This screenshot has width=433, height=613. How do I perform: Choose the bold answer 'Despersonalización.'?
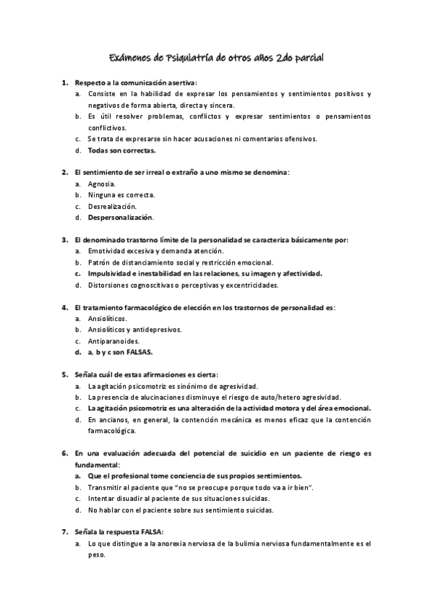pos(120,217)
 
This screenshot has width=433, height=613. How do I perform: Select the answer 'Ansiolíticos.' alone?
pos(107,318)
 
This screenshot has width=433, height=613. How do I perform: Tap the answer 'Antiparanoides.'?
pos(113,340)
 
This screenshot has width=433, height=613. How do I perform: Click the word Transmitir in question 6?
pos(105,488)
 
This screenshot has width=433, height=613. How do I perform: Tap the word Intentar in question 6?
pos(102,499)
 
